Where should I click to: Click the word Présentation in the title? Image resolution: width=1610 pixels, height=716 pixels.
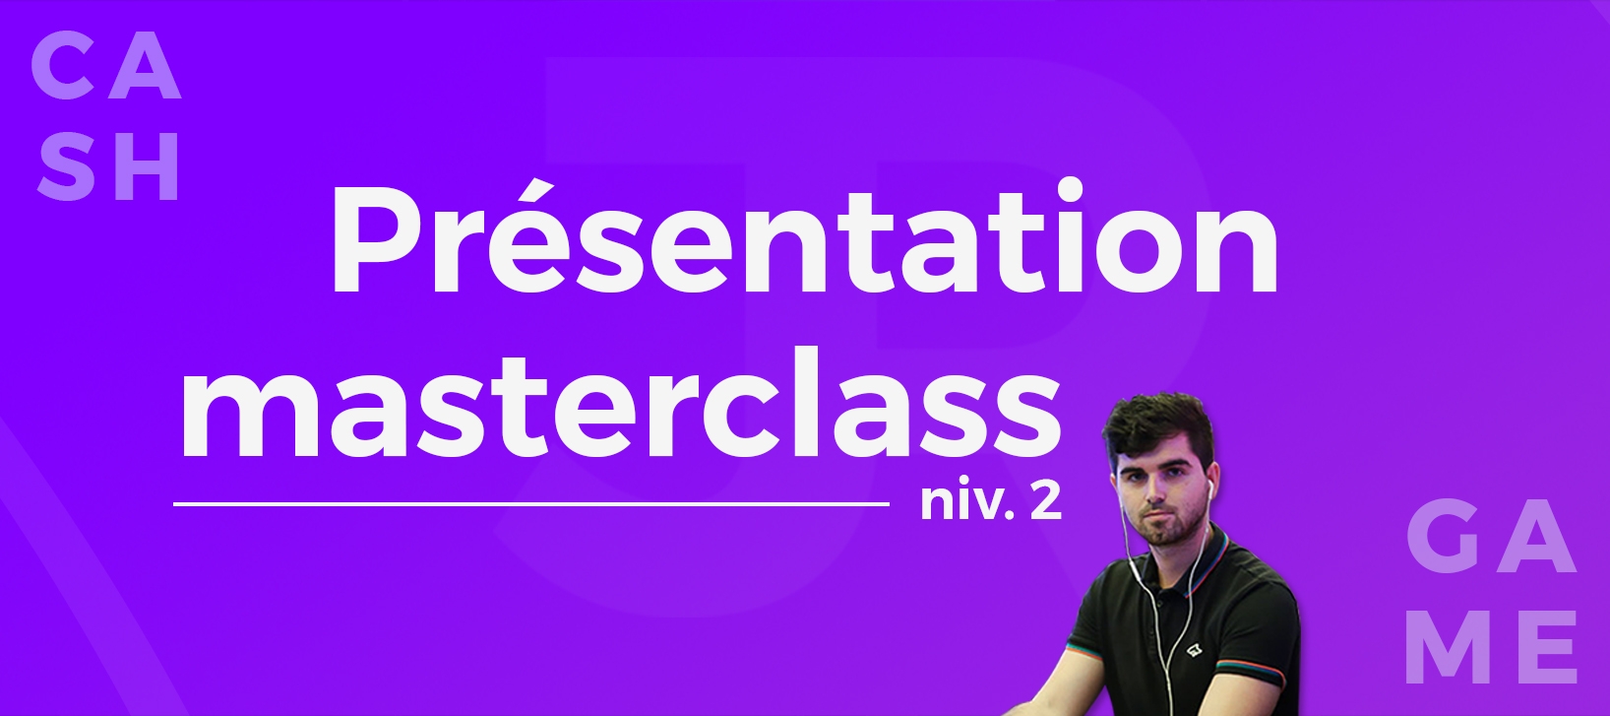(x=804, y=236)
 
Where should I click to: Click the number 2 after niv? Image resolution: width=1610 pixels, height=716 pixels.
(x=1045, y=501)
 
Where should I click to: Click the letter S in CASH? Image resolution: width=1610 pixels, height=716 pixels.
(x=66, y=167)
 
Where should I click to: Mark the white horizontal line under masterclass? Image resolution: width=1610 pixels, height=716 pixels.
(x=531, y=504)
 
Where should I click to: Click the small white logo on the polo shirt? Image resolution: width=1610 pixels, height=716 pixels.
(x=1194, y=651)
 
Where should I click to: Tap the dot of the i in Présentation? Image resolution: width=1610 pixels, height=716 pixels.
(x=1070, y=190)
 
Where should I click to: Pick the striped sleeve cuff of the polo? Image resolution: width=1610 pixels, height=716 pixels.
(x=1257, y=678)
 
